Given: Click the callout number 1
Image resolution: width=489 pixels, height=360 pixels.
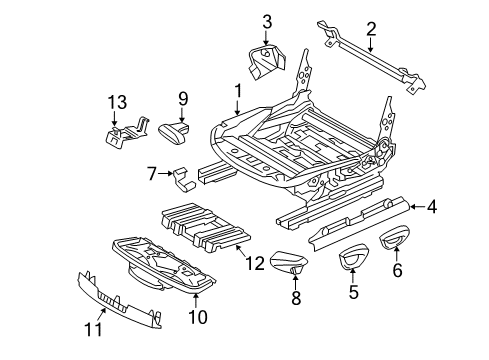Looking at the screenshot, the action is point(238,91).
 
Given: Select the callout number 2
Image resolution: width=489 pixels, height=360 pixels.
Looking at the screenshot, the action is point(371,29).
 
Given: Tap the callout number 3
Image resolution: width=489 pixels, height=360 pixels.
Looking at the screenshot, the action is point(267,21).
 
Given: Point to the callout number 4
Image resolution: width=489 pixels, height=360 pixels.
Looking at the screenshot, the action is point(431,207).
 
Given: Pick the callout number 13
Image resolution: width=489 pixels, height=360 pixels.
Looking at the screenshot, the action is point(117,102).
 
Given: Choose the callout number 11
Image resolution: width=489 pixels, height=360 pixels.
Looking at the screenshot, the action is point(93,329).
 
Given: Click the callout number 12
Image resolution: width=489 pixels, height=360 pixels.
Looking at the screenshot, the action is point(255,263).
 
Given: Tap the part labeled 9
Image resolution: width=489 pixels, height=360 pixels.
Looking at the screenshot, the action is point(174,133).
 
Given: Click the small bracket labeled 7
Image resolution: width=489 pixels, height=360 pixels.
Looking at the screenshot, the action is point(184,180).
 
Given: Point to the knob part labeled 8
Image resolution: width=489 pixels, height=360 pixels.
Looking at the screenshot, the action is point(288,263).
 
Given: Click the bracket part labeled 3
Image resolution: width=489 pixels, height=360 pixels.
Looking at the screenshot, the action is point(267,62).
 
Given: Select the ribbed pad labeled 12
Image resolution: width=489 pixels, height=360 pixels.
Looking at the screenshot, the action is point(205,227).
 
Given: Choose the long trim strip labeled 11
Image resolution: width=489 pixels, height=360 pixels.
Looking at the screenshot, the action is point(119,300).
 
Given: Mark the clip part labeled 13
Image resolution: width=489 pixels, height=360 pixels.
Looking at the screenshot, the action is point(126,133).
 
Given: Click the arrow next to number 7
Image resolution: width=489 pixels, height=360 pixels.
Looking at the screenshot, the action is point(165,173).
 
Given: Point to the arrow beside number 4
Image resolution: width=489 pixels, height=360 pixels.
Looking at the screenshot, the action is point(417,207).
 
